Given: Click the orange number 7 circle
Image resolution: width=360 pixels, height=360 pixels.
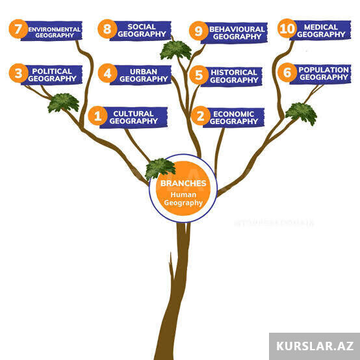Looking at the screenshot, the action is [18, 29].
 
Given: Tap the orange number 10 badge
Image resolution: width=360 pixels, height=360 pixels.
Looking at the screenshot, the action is [287, 28].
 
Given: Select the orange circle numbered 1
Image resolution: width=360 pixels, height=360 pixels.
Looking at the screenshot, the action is [97, 116].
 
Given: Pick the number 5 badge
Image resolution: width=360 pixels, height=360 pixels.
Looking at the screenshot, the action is [199, 75].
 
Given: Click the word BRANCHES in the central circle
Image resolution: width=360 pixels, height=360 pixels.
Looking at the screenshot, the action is [183, 183].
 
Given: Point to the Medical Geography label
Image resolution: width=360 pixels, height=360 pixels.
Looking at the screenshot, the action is [320, 31].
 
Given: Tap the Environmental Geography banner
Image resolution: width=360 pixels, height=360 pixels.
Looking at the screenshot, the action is [51, 31].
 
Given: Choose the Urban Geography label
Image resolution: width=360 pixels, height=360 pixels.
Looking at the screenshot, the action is [140, 75].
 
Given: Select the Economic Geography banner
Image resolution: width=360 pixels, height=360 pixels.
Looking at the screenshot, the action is [234, 118].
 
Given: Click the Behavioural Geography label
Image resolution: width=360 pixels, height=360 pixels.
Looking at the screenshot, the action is [234, 33].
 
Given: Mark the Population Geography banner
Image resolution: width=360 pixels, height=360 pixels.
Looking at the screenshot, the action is [320, 74].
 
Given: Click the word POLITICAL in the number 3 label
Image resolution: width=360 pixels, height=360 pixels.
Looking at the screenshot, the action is [52, 71].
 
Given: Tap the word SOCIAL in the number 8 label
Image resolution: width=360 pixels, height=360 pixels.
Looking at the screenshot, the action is [142, 27].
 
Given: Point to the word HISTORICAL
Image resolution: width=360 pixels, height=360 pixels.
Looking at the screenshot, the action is [234, 72].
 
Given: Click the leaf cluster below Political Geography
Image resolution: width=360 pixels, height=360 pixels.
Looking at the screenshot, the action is [64, 103].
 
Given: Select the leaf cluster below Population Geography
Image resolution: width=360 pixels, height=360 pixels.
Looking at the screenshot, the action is [301, 114].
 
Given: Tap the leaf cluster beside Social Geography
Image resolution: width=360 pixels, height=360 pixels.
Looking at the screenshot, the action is [175, 50].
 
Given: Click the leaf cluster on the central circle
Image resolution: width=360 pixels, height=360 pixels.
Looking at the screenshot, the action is [160, 168].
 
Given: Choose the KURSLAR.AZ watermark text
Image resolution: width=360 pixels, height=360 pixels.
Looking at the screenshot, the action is [315, 346].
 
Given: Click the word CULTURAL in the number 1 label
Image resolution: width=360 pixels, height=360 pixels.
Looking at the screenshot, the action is [133, 114].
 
